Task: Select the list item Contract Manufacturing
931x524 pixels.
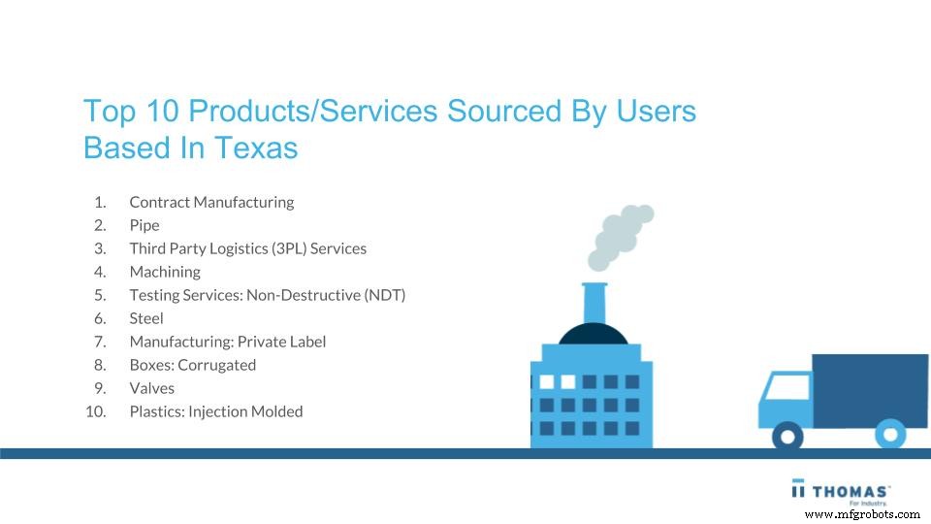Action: pyautogui.click(x=211, y=202)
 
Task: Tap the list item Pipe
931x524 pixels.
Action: pyautogui.click(x=144, y=225)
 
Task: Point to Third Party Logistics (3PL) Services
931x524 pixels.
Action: pyautogui.click(x=247, y=248)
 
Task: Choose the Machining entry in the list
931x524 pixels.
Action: pyautogui.click(x=165, y=272)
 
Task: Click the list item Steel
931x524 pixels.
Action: pyautogui.click(x=146, y=318)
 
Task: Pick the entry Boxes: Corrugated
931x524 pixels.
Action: pyautogui.click(x=192, y=365)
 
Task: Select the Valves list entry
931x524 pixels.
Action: pyautogui.click(x=152, y=388)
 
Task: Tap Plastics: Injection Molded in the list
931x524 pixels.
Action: pyautogui.click(x=216, y=411)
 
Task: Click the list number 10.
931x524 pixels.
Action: pyautogui.click(x=96, y=411)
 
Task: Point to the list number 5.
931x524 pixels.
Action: pyautogui.click(x=100, y=295)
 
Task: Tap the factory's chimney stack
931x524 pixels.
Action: pyautogui.click(x=594, y=304)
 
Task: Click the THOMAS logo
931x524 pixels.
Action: pyautogui.click(x=841, y=490)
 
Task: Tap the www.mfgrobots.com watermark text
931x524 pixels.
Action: pyautogui.click(x=862, y=514)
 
